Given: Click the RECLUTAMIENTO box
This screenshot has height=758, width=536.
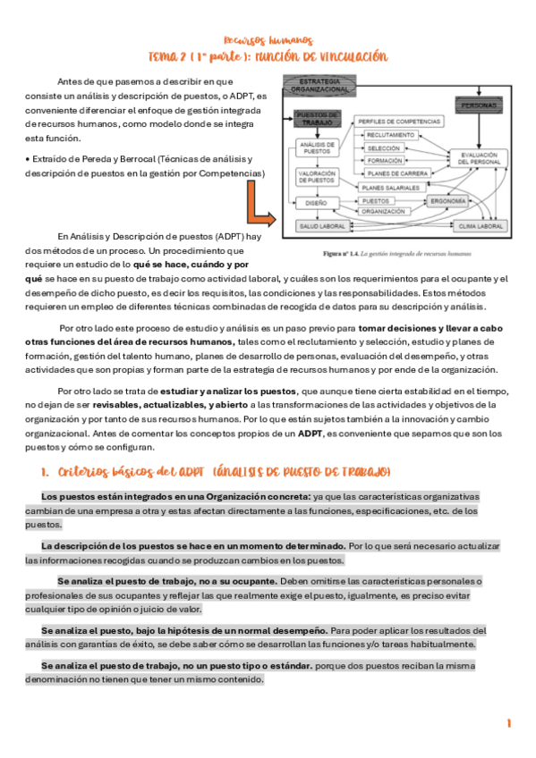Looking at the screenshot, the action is [390, 134].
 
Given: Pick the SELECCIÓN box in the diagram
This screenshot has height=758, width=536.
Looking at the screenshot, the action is [384, 147].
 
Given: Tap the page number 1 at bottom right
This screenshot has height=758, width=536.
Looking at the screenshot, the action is [508, 722].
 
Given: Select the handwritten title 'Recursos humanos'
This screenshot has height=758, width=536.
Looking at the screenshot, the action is [268, 40].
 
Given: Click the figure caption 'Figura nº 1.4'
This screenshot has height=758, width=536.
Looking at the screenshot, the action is [345, 253].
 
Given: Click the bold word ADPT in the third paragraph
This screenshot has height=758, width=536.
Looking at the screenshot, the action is [311, 434].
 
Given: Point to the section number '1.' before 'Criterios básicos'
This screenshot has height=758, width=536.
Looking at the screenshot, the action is [44, 471].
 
